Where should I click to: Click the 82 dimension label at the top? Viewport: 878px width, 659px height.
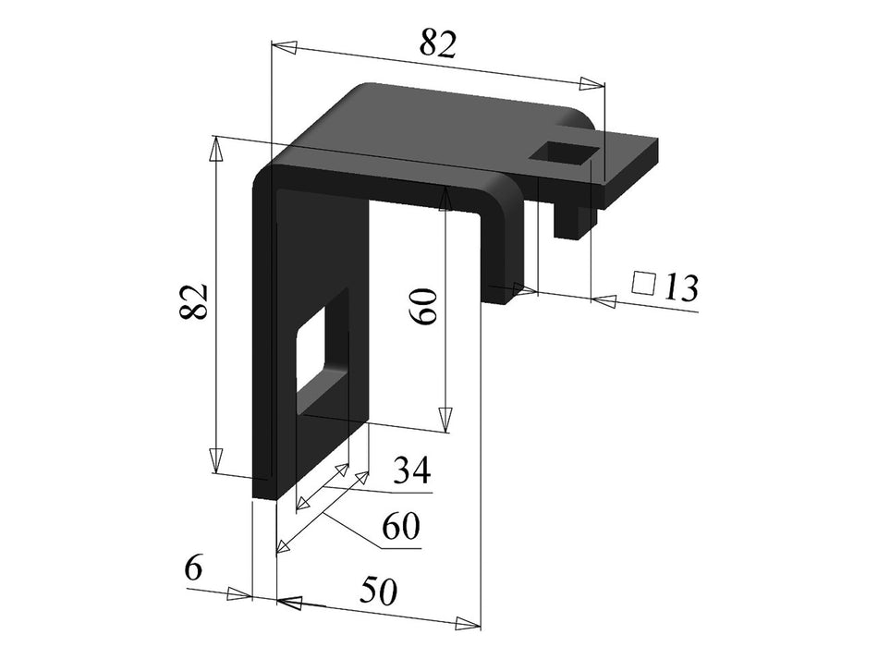tap(437, 43)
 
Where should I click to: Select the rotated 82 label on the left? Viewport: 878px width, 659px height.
tap(194, 301)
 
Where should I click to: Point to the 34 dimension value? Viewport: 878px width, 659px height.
tap(411, 472)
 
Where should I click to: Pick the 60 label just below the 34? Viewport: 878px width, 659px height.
tap(401, 527)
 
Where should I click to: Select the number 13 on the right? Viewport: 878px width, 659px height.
tap(679, 288)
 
